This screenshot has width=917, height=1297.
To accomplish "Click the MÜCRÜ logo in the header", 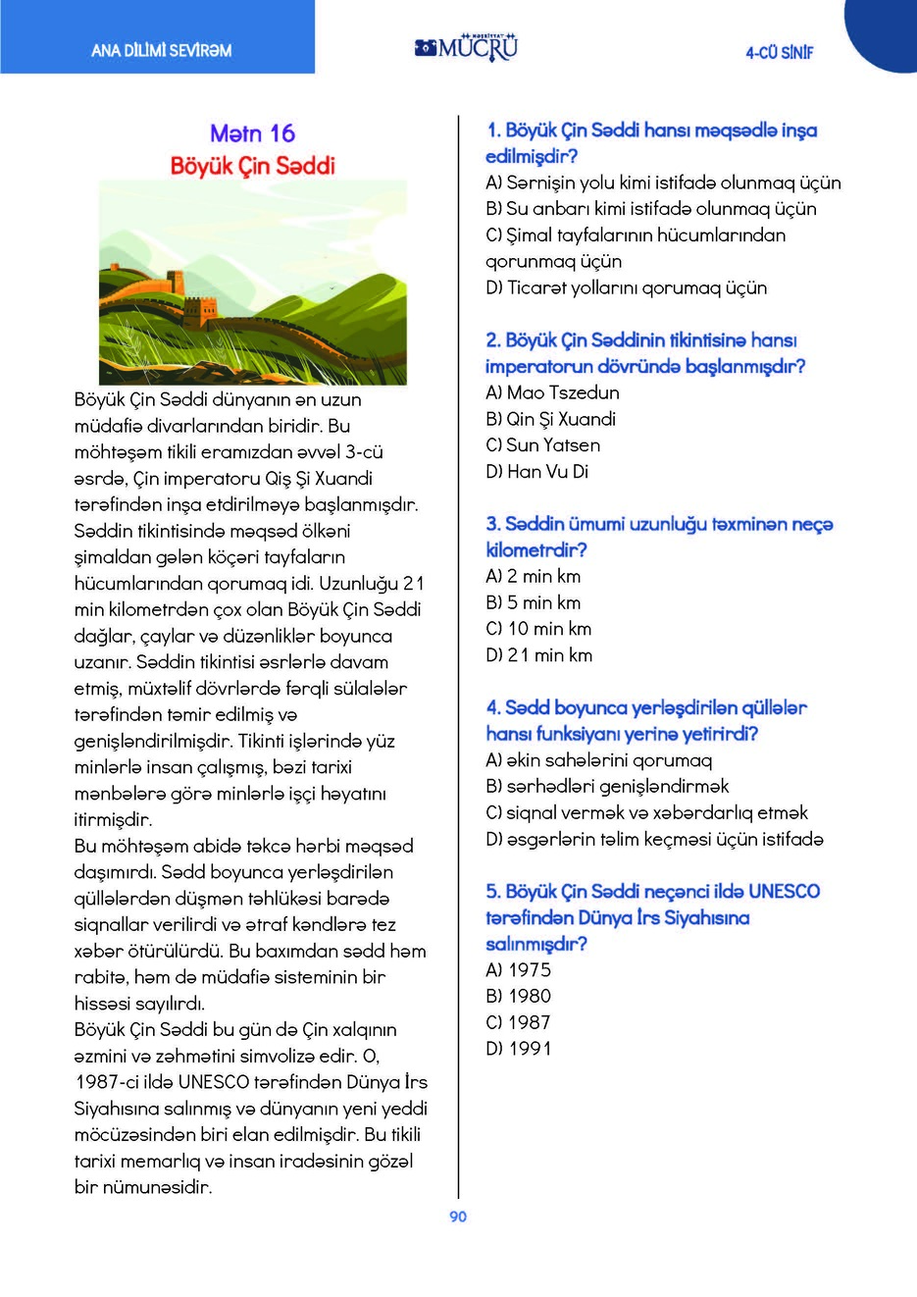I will (466, 46).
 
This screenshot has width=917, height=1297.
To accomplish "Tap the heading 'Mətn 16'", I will (252, 133).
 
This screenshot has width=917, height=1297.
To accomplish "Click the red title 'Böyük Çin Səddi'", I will (253, 165).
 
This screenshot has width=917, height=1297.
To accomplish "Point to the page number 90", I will (458, 1217).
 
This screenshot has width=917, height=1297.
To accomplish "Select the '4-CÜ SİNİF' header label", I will (779, 53).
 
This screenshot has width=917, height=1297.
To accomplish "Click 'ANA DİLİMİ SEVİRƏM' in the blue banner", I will (161, 50).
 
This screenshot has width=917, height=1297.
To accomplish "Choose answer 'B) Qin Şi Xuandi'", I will (550, 419).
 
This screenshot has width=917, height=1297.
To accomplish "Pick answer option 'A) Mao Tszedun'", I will (552, 392).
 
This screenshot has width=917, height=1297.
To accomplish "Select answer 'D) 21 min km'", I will (538, 655).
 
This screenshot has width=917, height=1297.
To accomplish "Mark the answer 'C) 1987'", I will (518, 1022).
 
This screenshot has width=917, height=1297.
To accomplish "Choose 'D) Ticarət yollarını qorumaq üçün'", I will (626, 287).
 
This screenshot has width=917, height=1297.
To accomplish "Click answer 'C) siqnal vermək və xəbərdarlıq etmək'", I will (646, 813).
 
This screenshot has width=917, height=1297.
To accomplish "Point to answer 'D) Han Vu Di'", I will (536, 472).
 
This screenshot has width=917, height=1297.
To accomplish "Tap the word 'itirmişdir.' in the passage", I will (113, 819).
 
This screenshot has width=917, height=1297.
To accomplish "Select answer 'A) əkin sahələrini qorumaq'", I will (598, 760).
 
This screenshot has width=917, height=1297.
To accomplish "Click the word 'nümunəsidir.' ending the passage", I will (157, 1187).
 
